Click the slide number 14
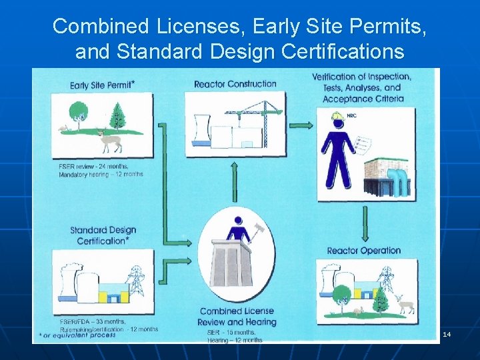(x=447, y=334)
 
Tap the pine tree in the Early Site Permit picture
(x=119, y=114)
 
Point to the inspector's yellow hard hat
(x=338, y=117)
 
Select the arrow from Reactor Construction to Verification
(x=302, y=125)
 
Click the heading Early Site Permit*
(x=101, y=85)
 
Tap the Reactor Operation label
(x=363, y=251)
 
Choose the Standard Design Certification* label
(x=103, y=235)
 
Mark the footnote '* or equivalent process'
(x=77, y=335)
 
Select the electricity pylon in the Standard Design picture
(x=136, y=281)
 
